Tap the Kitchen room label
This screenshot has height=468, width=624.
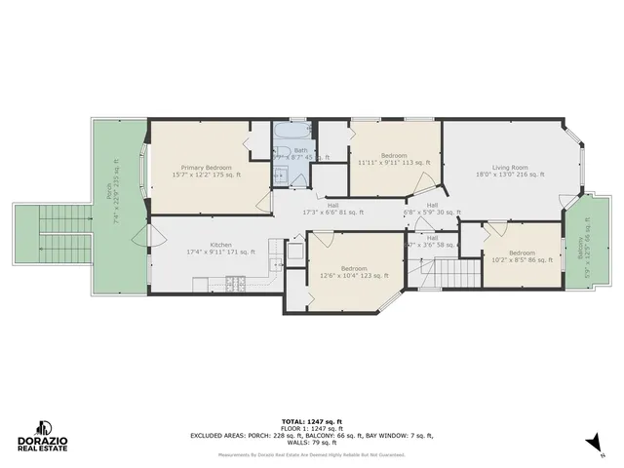click(220, 248)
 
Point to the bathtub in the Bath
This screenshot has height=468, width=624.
click(292, 136)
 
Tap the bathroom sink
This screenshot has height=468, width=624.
click(278, 175)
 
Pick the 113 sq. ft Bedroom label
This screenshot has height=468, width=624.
click(393, 160)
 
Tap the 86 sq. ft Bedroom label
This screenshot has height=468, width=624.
click(522, 256)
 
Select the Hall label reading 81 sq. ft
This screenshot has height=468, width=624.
click(333, 209)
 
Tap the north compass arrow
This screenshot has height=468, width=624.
click(592, 444)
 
